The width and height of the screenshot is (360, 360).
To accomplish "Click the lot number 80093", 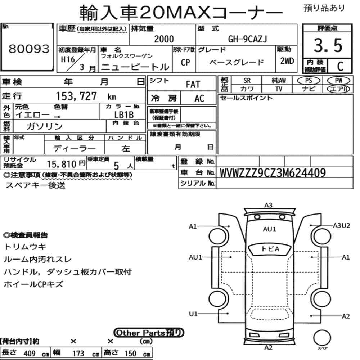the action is (29, 49).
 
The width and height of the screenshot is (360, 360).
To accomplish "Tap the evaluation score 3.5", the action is (328, 45).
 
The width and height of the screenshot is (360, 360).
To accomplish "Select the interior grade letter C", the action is (340, 66).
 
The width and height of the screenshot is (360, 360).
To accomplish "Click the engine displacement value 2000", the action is (164, 39).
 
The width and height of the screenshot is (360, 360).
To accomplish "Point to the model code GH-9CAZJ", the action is (248, 39).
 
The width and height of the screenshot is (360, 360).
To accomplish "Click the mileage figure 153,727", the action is (76, 96).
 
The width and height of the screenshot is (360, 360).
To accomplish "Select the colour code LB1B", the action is (124, 114).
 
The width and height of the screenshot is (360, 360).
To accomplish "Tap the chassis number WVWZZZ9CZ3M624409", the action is (273, 173).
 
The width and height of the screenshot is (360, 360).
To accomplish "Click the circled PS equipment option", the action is (309, 81).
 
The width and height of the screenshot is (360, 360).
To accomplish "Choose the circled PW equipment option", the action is (338, 81).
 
